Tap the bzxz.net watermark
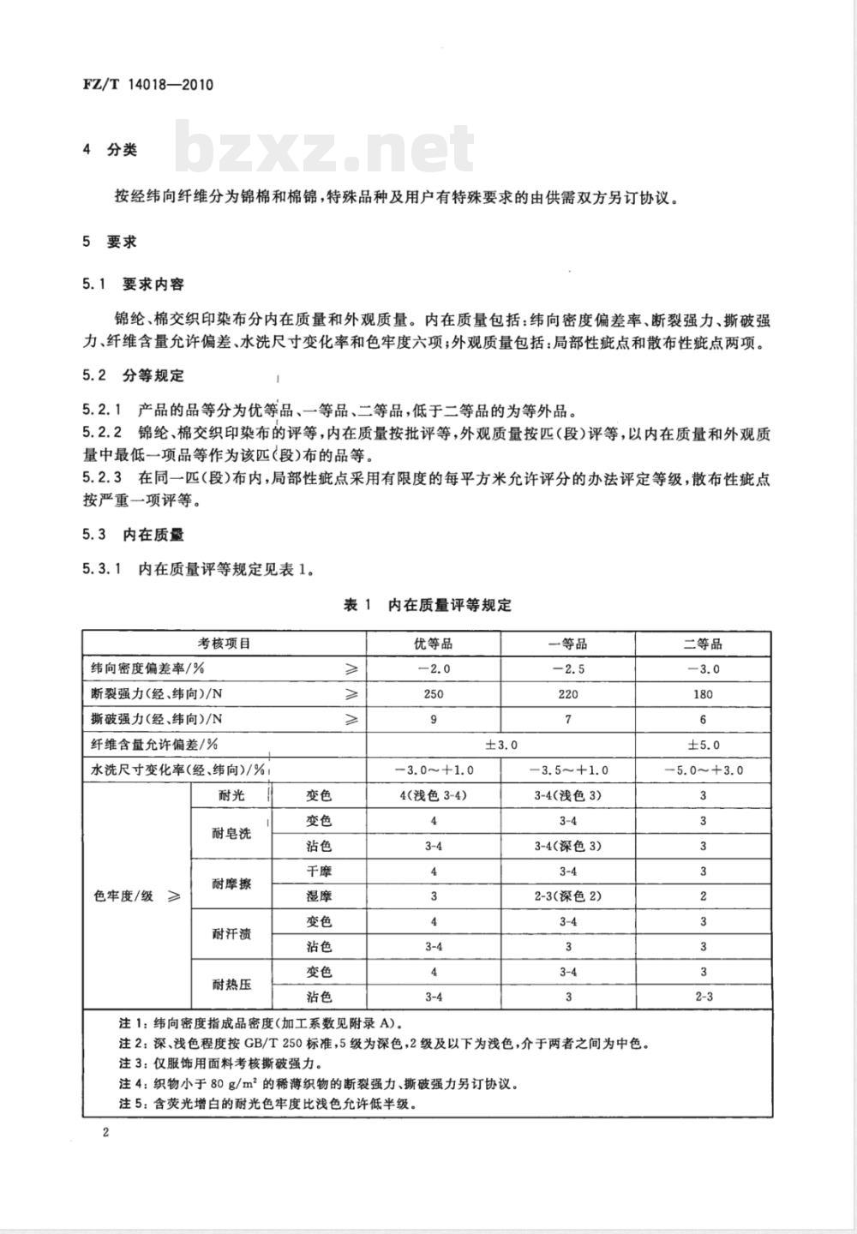[325, 147]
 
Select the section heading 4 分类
[110, 150]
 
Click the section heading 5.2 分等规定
[133, 375]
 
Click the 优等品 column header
[433, 644]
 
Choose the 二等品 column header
[703, 644]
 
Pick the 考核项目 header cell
[225, 644]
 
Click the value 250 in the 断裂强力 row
[433, 694]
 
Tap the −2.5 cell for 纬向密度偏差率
[567, 669]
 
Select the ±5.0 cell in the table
[703, 745]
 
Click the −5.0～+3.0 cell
[703, 770]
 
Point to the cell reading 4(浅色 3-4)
[433, 795]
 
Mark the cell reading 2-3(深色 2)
[567, 896]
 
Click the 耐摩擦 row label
[231, 884]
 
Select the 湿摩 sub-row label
[319, 896]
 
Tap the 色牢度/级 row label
[135, 896]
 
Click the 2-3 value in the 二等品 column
[703, 997]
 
